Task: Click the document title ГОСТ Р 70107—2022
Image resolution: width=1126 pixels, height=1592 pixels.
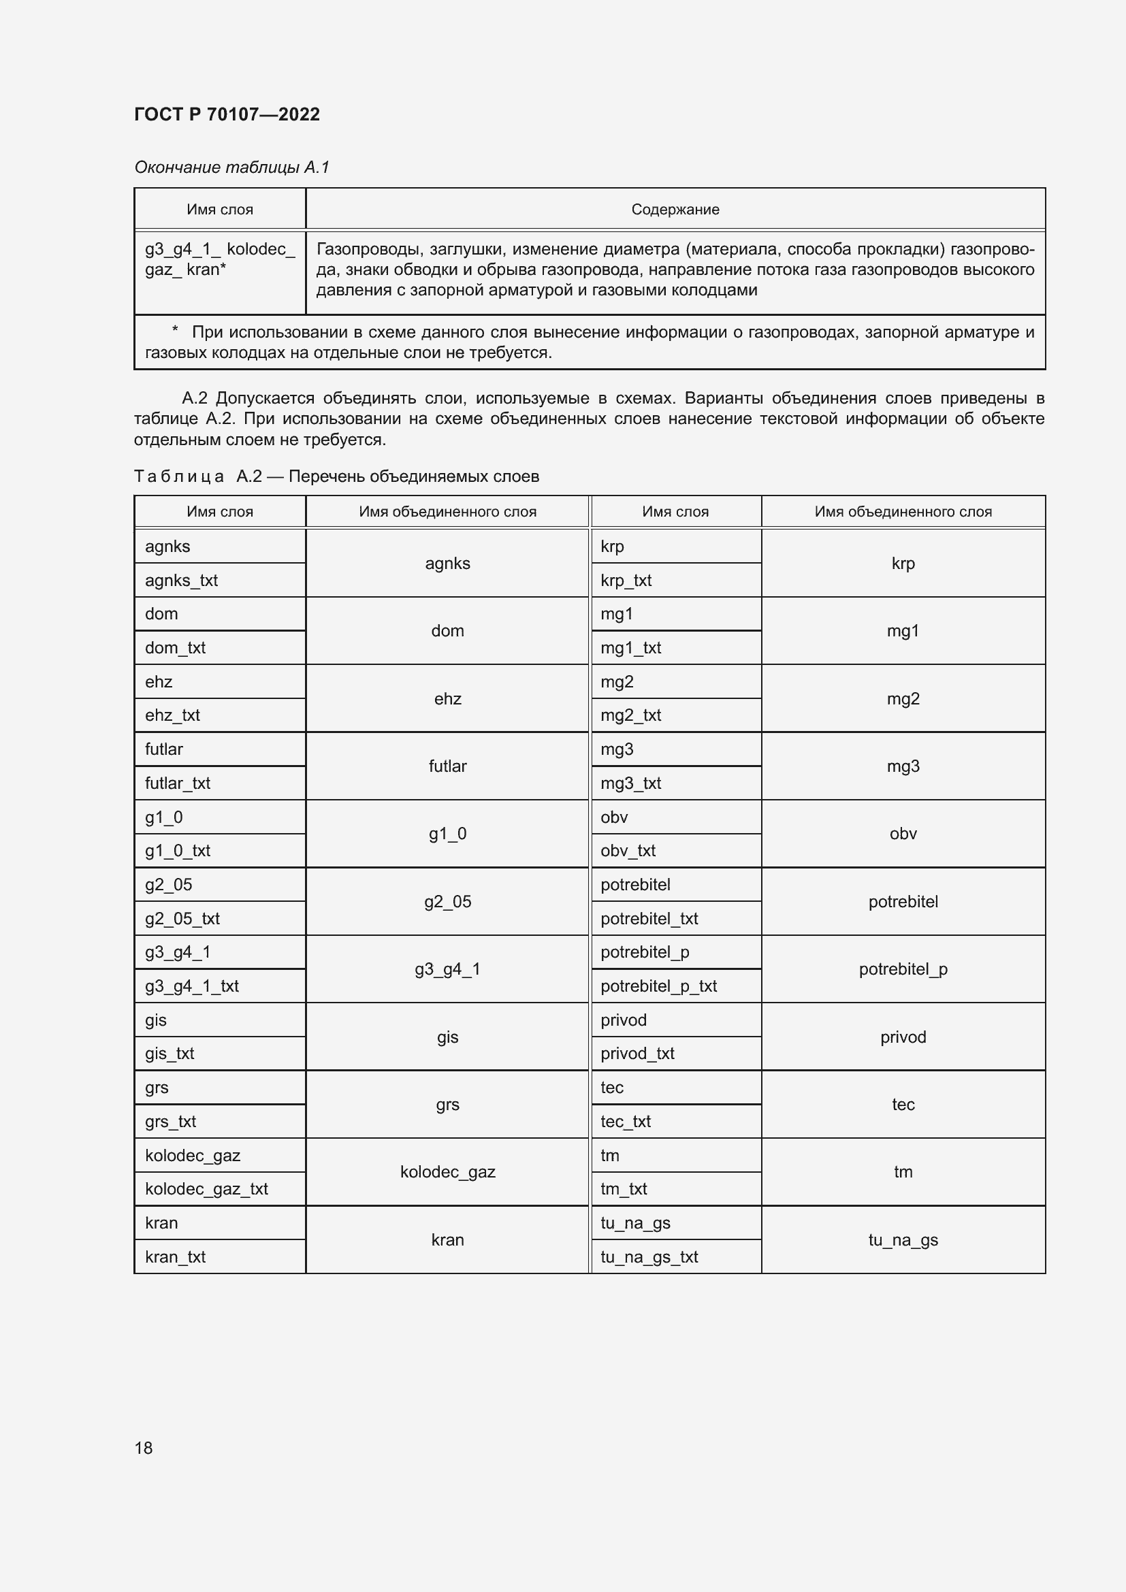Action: [x=227, y=114]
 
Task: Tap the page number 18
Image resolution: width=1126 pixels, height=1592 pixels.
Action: [x=144, y=1448]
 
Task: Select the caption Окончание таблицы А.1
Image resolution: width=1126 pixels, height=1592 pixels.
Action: [x=231, y=167]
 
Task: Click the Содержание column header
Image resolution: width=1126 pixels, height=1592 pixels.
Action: [x=675, y=210]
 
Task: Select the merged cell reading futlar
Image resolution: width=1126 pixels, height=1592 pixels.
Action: [x=447, y=766]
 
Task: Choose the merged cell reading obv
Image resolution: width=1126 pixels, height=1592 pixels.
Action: [x=903, y=834]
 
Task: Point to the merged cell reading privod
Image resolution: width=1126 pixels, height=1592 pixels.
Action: [x=903, y=1037]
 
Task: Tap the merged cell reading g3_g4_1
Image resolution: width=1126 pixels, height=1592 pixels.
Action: [x=447, y=969]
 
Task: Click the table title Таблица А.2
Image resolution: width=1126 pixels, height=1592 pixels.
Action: [x=336, y=476]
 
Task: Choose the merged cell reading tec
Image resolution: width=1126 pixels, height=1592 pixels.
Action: [x=903, y=1104]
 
